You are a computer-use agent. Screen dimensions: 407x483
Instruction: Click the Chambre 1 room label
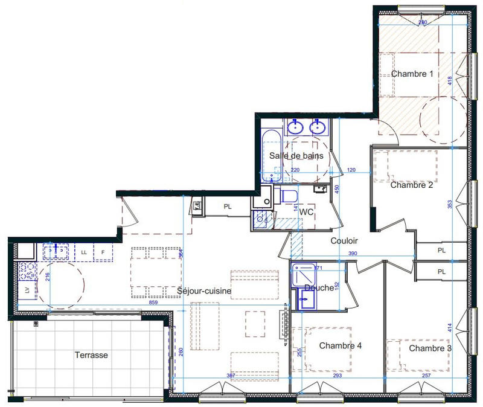click(x=412, y=74)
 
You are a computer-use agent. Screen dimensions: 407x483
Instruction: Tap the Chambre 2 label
click(x=411, y=185)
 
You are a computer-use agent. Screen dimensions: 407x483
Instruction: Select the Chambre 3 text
click(x=430, y=348)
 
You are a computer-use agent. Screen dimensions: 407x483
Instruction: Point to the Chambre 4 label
click(x=340, y=346)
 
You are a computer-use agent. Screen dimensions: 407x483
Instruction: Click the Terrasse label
click(x=91, y=355)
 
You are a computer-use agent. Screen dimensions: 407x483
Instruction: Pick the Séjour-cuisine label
click(x=204, y=291)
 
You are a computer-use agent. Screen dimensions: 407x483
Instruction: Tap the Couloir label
click(x=345, y=240)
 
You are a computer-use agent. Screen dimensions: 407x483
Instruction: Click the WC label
click(x=306, y=212)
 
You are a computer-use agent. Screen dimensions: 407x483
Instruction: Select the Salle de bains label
click(x=296, y=156)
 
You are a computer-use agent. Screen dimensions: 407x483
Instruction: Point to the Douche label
click(x=319, y=288)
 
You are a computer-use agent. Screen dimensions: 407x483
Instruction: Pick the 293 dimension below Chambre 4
click(x=336, y=376)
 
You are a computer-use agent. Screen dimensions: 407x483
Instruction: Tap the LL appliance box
click(x=84, y=252)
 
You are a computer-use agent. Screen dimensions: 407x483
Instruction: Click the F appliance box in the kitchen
click(x=103, y=252)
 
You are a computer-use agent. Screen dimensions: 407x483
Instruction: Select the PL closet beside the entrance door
click(x=227, y=207)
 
